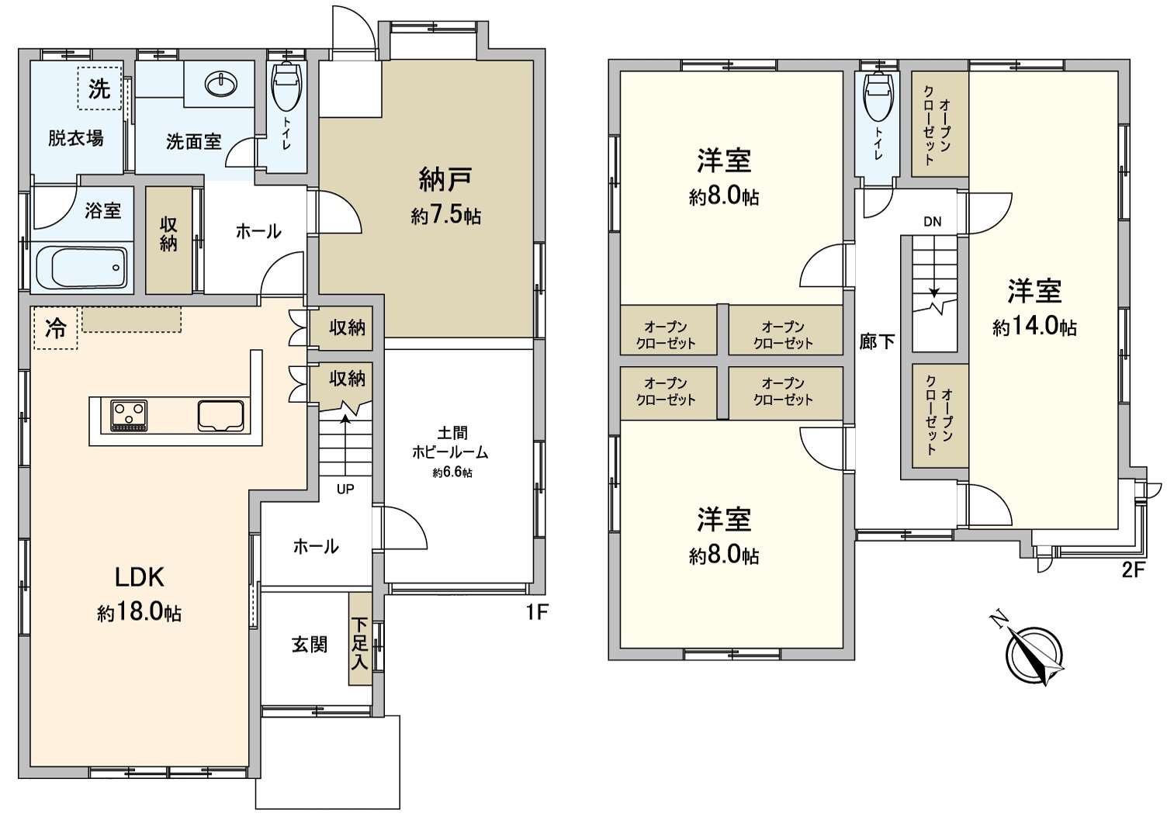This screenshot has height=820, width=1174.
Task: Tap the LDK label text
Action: (139, 577)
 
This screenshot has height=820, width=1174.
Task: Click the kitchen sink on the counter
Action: (221, 415)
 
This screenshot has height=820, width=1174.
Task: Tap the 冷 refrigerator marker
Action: (55, 328)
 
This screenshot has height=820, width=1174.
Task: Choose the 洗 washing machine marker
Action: (99, 89)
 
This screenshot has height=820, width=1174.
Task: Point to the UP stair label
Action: (345, 490)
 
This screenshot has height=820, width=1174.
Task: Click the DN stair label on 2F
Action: (932, 221)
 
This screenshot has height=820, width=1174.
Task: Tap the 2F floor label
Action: (1134, 571)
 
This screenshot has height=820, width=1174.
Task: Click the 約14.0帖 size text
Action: (1034, 327)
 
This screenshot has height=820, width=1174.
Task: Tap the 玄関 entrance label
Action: (309, 645)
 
